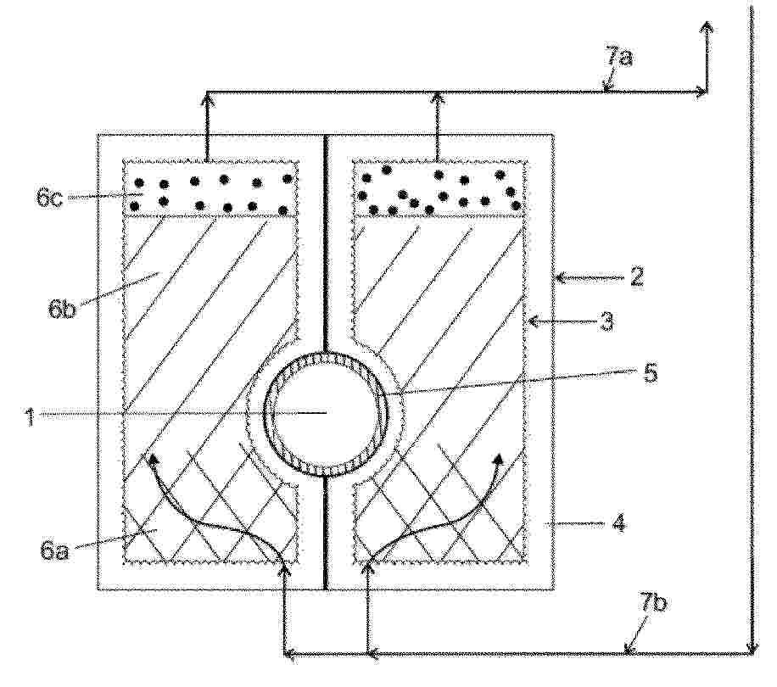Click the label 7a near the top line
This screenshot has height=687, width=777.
(x=618, y=58)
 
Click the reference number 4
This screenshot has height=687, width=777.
(x=650, y=372)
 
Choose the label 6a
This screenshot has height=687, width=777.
(x=53, y=550)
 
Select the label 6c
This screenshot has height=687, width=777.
(x=49, y=197)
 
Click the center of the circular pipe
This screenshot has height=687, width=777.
(x=325, y=413)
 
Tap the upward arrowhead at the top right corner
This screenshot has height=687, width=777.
(x=706, y=27)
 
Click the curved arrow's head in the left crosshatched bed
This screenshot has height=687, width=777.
(x=154, y=458)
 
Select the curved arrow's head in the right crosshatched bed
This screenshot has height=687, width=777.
(x=499, y=459)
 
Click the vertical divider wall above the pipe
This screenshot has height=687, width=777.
(x=326, y=243)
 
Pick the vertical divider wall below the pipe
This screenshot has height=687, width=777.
(x=326, y=533)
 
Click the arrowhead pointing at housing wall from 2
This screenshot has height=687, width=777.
(x=559, y=278)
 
